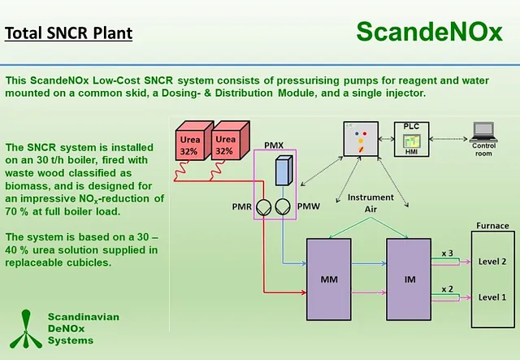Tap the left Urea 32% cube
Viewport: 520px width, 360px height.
(189, 145)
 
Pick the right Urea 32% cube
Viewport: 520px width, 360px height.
(224, 145)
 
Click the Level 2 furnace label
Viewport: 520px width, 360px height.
(492, 261)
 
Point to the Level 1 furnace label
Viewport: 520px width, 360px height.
(492, 297)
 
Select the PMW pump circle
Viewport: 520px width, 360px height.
(283, 207)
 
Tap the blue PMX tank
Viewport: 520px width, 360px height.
(282, 172)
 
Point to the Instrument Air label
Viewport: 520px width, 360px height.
(370, 202)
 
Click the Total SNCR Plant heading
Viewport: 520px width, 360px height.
(68, 34)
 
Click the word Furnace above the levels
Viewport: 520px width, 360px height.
(492, 225)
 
